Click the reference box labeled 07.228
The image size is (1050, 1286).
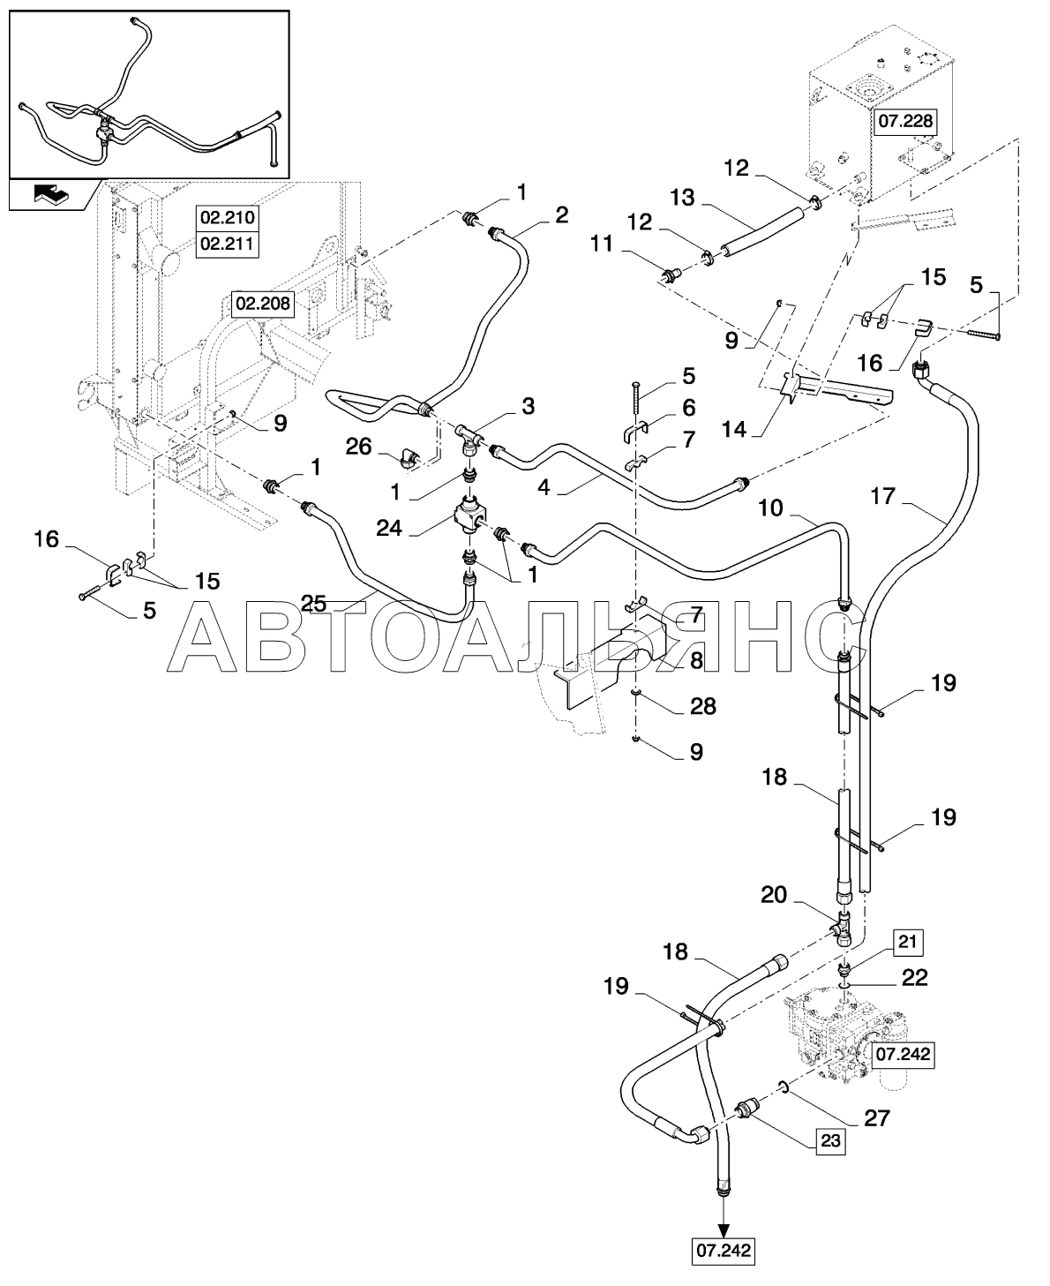[905, 122]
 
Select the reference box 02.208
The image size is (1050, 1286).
[263, 304]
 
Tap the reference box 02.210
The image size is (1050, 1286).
[228, 218]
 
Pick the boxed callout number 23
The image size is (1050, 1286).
[830, 1141]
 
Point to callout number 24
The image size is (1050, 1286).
[389, 528]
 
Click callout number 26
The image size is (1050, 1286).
[358, 447]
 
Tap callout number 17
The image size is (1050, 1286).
[882, 496]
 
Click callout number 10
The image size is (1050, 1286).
[771, 508]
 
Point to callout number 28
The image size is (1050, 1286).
[703, 707]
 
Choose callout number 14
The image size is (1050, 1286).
[733, 430]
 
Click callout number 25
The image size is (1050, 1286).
[314, 605]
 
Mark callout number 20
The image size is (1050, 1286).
[774, 894]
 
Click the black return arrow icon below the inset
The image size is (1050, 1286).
[52, 194]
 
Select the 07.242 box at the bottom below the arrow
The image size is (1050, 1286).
[724, 1251]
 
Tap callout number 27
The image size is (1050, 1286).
[877, 1118]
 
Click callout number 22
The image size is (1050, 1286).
[915, 978]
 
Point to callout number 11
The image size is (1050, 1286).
[602, 244]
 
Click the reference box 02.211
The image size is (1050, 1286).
[228, 244]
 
